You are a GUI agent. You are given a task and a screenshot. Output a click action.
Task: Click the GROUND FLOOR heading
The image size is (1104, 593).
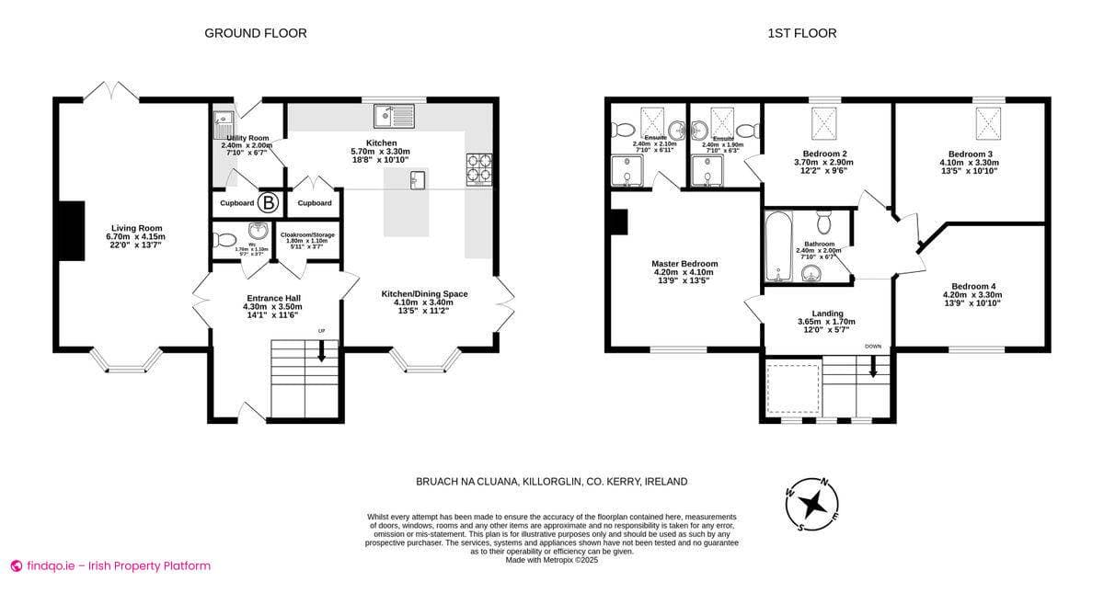tap(255, 33)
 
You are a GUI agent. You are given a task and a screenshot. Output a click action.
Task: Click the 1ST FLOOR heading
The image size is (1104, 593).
tap(802, 33)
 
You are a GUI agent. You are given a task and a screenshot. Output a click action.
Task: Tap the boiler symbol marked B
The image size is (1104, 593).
tap(268, 202)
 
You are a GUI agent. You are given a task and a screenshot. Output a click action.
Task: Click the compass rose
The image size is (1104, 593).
tap(812, 504)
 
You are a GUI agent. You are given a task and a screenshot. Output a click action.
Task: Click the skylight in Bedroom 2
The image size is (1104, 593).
tap(823, 123)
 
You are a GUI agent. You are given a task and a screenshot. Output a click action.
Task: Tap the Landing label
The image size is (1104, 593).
tap(826, 317)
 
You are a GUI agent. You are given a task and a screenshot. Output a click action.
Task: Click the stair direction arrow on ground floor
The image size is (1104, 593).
tap(322, 351)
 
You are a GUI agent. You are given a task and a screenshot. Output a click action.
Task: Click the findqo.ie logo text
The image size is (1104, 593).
tap(110, 565)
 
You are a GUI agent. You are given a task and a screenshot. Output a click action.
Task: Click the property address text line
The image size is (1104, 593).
tap(551, 482)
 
